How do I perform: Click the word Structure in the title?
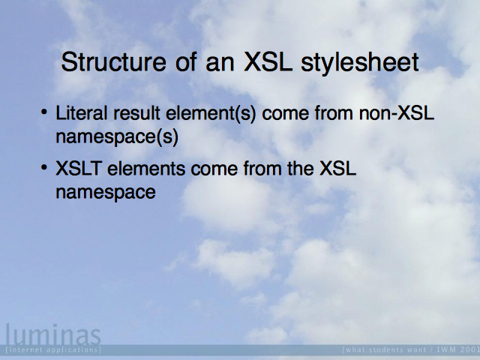(x=113, y=62)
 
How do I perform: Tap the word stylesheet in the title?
(x=360, y=64)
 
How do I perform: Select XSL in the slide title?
(x=268, y=62)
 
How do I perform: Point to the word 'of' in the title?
(x=186, y=62)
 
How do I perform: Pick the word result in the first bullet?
(x=136, y=113)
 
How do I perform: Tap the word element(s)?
(x=211, y=113)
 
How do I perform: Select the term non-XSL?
(x=397, y=113)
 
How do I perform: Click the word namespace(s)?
(x=117, y=136)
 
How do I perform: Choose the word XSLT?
(x=78, y=168)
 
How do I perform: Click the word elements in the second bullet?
(x=146, y=168)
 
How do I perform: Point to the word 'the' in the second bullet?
(x=301, y=168)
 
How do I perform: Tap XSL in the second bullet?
(x=338, y=168)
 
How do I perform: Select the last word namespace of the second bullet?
(x=106, y=193)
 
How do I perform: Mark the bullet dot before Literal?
(x=44, y=112)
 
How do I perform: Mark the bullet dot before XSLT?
(x=44, y=167)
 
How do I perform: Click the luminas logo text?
(x=53, y=334)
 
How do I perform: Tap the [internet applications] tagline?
(x=53, y=349)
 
